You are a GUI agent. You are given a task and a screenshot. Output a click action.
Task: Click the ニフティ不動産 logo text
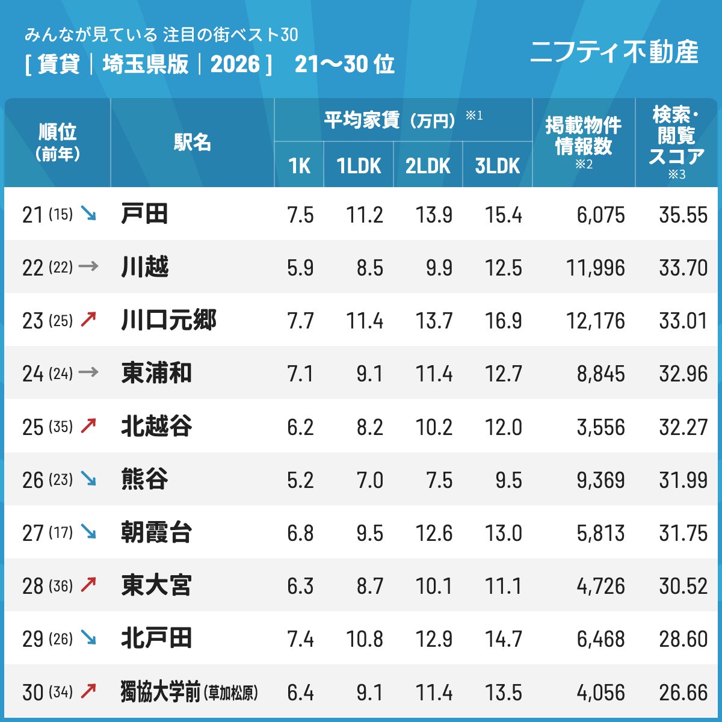(x=614, y=52)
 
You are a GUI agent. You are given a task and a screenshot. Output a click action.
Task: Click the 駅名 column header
(x=192, y=143)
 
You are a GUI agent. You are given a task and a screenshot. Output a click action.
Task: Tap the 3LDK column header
(x=498, y=166)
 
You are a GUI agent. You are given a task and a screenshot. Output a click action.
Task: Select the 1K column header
(x=300, y=166)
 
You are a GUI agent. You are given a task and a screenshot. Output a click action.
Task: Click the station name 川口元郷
(x=169, y=320)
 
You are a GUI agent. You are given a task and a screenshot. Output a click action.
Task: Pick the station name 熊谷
(x=144, y=479)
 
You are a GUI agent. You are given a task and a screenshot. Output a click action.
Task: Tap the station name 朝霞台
(x=156, y=532)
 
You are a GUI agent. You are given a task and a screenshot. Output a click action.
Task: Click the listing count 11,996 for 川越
(x=596, y=268)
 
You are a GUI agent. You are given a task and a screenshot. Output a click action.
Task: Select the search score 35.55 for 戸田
(x=683, y=215)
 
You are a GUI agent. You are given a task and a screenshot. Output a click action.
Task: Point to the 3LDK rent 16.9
(x=503, y=321)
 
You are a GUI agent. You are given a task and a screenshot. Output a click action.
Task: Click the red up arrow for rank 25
(x=88, y=426)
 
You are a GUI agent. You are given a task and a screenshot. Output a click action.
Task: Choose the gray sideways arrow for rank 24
(x=88, y=372)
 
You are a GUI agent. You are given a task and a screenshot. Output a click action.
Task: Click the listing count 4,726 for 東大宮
(x=601, y=587)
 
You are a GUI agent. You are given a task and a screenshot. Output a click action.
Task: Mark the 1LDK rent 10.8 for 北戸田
(x=365, y=639)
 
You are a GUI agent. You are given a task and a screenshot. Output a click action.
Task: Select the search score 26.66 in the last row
(x=683, y=693)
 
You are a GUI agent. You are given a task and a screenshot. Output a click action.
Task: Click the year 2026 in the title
(x=235, y=64)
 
